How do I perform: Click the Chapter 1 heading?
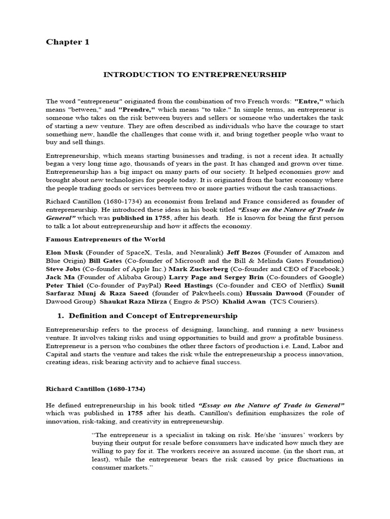tap(68, 42)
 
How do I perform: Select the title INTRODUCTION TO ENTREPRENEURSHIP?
tap(195, 75)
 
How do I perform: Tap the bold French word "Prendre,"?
tap(137, 109)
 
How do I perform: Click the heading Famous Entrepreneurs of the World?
tap(105, 239)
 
